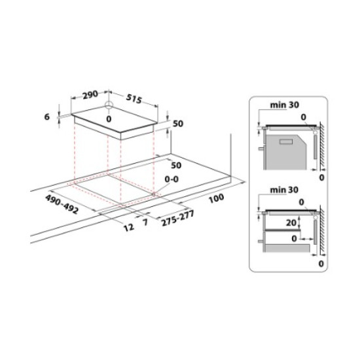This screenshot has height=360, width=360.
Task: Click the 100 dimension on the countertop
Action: [217, 198]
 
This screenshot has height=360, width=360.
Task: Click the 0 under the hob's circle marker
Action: [109, 119]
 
